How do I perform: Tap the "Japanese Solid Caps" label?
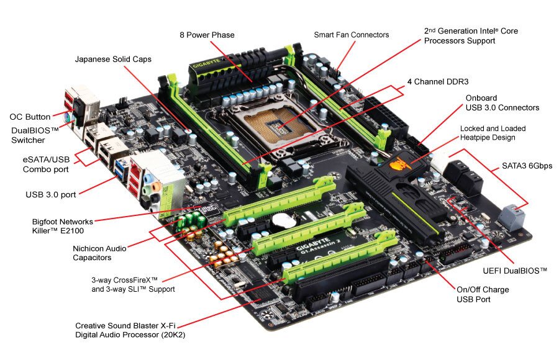click(113, 60)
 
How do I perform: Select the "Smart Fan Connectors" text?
click(352, 35)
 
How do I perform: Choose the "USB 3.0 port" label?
click(52, 194)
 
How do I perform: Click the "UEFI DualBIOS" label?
click(515, 271)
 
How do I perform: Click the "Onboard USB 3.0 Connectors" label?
click(502, 103)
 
